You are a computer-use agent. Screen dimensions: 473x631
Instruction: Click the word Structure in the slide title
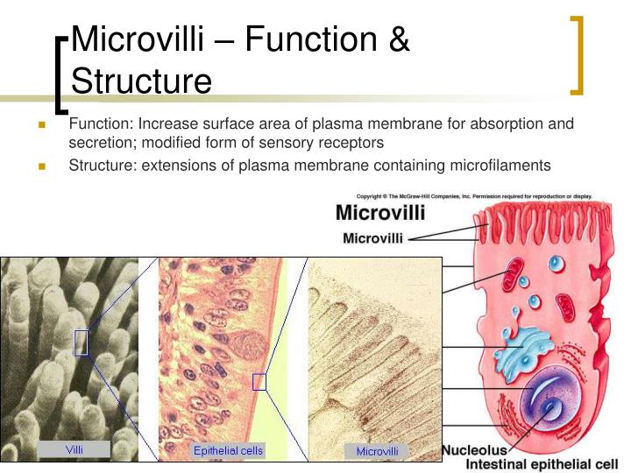(x=141, y=81)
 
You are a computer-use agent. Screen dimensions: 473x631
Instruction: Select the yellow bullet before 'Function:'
(x=41, y=125)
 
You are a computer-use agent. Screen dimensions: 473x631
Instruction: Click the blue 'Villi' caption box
(x=74, y=449)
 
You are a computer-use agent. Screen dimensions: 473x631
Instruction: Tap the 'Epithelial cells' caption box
(x=228, y=451)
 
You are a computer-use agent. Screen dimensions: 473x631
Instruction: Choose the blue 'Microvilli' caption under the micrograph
(x=377, y=452)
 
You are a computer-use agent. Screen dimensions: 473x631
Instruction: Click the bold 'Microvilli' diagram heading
(x=380, y=213)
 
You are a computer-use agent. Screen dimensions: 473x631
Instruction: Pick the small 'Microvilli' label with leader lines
(x=372, y=237)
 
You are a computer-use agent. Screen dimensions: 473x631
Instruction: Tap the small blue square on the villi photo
(x=81, y=342)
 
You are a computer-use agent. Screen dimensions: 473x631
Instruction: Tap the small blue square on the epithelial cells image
(x=259, y=381)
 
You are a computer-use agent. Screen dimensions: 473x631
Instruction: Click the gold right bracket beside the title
(x=577, y=54)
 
